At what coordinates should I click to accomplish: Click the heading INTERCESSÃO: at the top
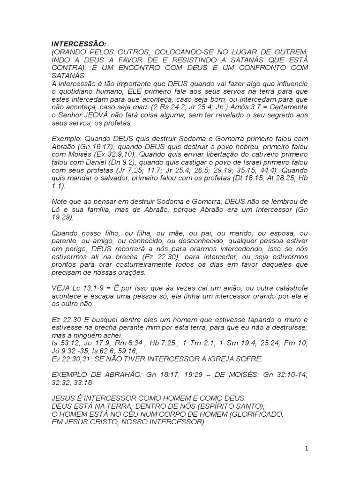(74, 44)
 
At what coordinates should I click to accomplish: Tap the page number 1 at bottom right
(306, 449)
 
